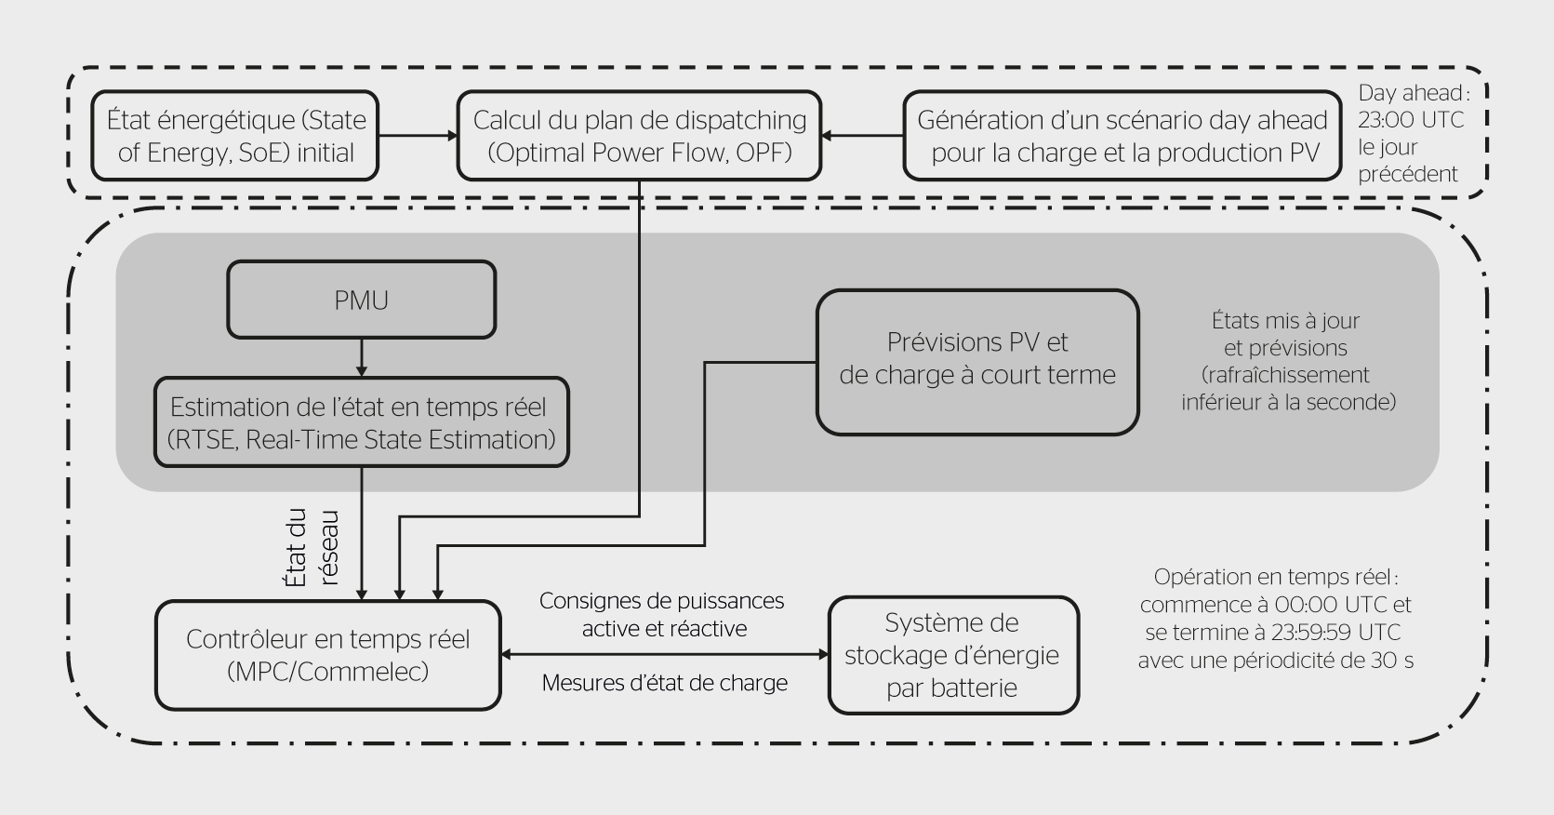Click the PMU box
(x=361, y=300)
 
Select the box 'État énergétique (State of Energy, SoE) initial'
(x=235, y=136)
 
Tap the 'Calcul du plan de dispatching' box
(x=639, y=136)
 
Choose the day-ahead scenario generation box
(x=1122, y=136)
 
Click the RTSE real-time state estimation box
(x=361, y=422)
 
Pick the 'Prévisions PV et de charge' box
(x=976, y=362)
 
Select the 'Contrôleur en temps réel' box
(x=327, y=655)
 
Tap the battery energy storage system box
(x=953, y=655)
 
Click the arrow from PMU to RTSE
(x=362, y=357)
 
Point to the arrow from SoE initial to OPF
(x=418, y=136)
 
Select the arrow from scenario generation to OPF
(x=863, y=136)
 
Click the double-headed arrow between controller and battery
(x=664, y=655)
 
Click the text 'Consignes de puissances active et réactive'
(x=663, y=615)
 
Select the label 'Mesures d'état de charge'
(x=664, y=683)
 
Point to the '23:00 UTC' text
(x=1410, y=120)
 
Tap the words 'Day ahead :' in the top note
(x=1414, y=93)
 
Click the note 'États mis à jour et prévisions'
(x=1286, y=335)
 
